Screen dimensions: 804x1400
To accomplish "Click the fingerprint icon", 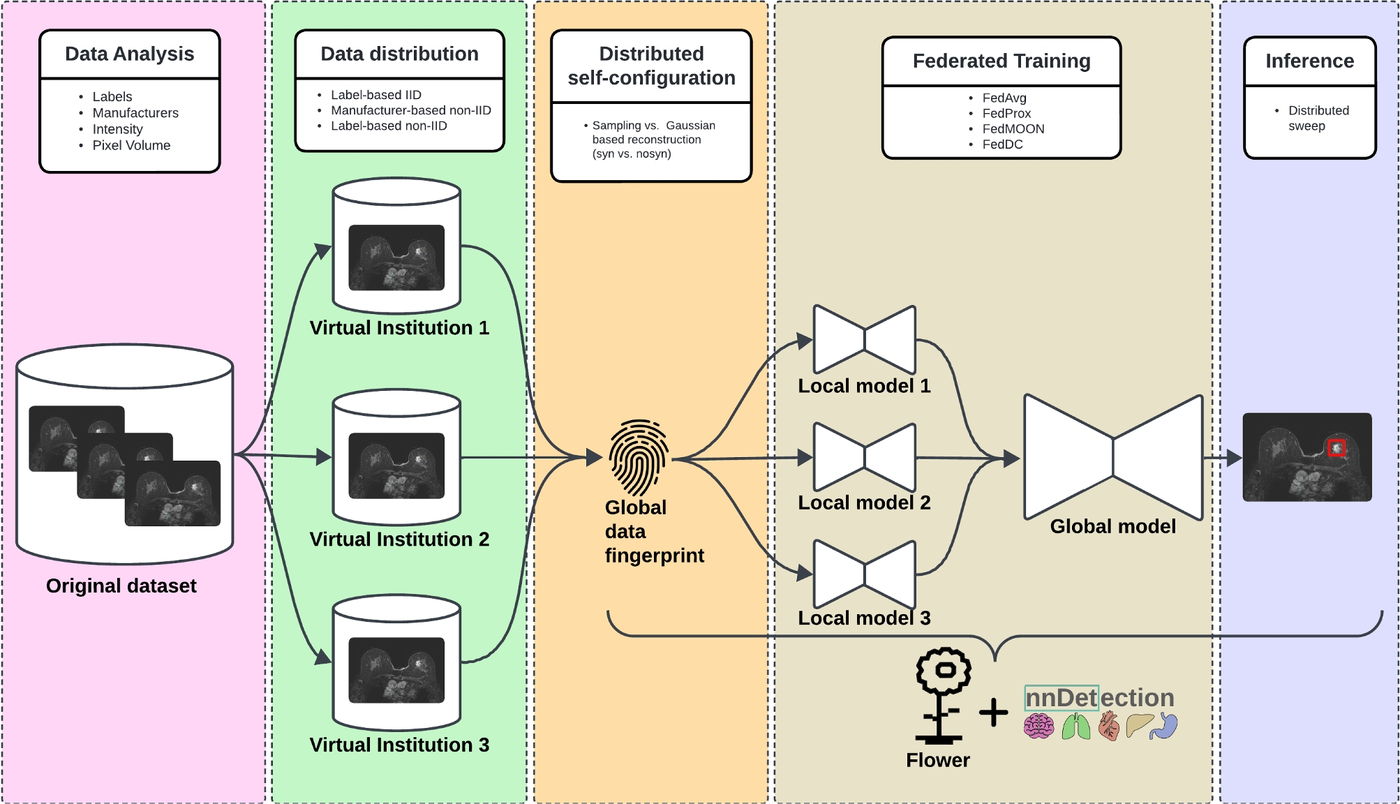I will (639, 457).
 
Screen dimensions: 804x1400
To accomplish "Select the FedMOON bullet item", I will (1013, 129).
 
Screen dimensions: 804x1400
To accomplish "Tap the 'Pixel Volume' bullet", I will (131, 145).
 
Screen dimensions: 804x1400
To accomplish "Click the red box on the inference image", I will (1336, 447).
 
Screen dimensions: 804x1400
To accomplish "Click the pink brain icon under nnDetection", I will (1038, 727).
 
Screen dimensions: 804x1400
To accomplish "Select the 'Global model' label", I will (1112, 526).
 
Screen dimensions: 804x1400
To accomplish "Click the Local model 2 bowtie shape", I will (864, 457).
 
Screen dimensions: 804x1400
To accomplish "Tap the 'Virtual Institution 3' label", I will (399, 745).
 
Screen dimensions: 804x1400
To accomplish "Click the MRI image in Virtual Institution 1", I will (396, 257).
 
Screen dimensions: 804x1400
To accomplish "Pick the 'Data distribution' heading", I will (399, 54).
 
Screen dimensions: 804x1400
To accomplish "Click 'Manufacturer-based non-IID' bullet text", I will (410, 110).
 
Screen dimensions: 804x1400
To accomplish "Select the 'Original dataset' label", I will (121, 586).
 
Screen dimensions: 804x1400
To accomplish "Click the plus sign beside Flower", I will (993, 713).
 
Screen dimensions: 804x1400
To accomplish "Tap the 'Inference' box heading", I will (1309, 61).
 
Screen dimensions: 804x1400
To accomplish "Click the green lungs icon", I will (1075, 727).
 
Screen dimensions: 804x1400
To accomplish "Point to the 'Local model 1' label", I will (864, 386).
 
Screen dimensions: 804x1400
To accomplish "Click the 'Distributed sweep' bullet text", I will (1318, 118).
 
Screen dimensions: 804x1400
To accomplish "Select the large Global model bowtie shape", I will (1112, 457).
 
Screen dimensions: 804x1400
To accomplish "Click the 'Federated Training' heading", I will (1001, 61).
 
